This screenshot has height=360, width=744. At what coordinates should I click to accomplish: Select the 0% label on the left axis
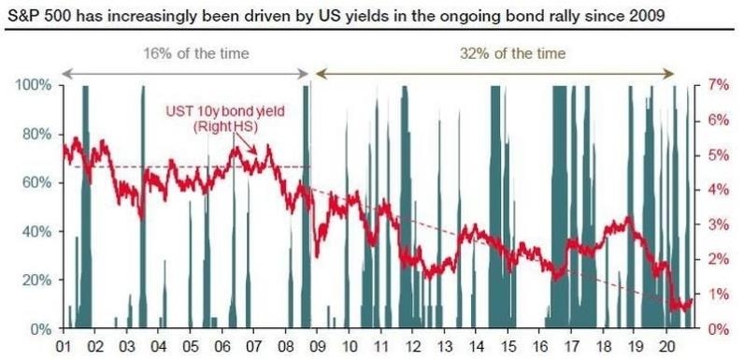click(x=39, y=329)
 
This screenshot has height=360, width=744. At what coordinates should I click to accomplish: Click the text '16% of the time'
click(x=183, y=54)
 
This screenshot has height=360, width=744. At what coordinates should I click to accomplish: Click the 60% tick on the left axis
click(x=36, y=183)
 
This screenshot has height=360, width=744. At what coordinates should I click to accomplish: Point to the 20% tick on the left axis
click(x=36, y=281)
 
